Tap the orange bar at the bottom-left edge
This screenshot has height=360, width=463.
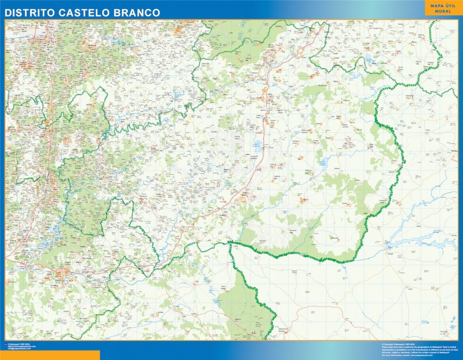coord(50,355)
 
